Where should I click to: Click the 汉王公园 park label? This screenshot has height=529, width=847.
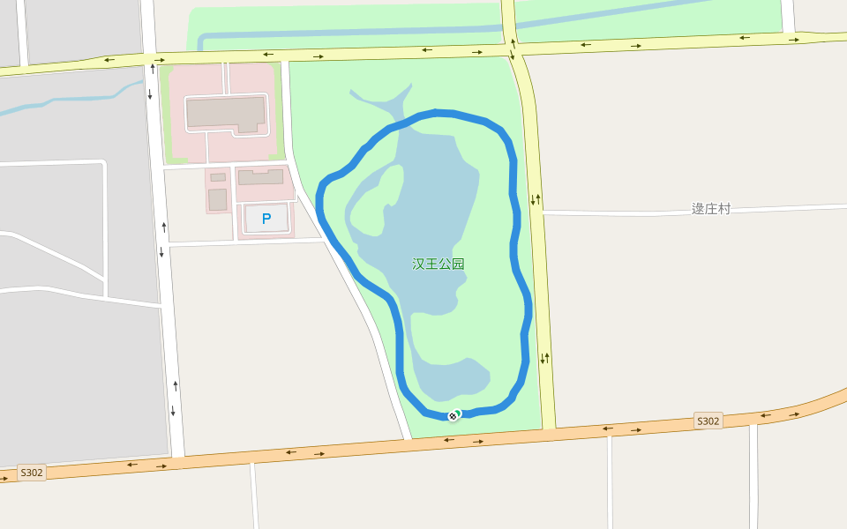tap(438, 264)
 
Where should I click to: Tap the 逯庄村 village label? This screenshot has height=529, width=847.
tap(710, 209)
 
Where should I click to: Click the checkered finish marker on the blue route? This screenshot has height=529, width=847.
tap(453, 415)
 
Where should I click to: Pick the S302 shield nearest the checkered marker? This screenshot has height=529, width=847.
tap(708, 421)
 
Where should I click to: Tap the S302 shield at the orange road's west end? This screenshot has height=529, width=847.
tap(31, 473)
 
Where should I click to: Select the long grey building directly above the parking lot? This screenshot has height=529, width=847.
tap(261, 177)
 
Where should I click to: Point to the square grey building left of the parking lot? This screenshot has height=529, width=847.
tap(217, 199)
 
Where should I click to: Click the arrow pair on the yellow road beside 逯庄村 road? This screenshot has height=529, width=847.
tap(535, 198)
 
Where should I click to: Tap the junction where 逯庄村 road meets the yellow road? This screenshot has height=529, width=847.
tap(542, 212)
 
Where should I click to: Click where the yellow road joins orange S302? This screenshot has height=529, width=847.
tap(549, 429)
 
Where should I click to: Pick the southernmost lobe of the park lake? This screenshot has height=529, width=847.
tap(454, 379)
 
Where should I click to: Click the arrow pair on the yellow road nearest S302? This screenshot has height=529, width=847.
tap(545, 358)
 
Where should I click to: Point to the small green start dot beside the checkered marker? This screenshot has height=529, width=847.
tap(458, 413)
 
